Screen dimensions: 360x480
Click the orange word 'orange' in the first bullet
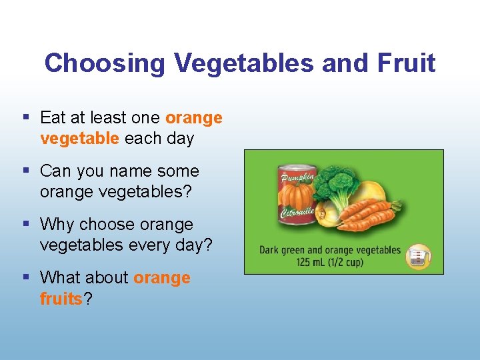193,118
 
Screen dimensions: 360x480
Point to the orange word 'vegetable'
79,139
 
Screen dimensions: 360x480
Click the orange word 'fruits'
61,299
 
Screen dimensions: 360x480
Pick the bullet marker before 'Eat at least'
27,117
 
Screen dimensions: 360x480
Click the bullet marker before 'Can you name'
27,171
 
